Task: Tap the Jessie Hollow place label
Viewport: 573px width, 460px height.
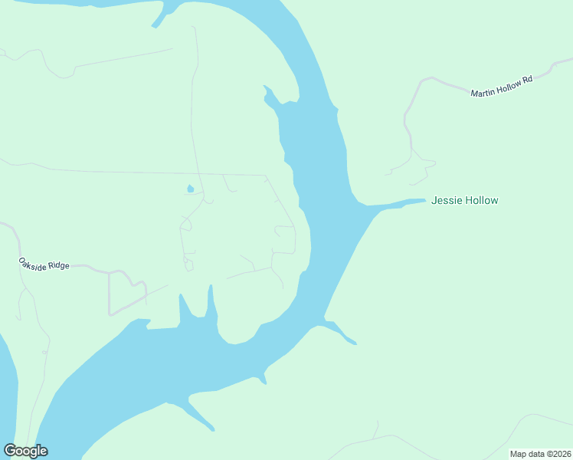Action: (x=464, y=201)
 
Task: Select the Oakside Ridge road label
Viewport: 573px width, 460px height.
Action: (x=44, y=264)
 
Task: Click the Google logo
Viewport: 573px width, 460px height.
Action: (x=25, y=451)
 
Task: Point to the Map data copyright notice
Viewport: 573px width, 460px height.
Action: (x=540, y=454)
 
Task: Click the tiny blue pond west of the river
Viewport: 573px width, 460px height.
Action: (x=190, y=189)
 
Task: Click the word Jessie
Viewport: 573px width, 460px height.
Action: (x=447, y=201)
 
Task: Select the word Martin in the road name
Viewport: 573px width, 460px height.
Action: (x=482, y=91)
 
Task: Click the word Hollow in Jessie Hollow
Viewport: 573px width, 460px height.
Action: (x=481, y=201)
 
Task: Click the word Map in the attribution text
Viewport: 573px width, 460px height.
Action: (x=519, y=454)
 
